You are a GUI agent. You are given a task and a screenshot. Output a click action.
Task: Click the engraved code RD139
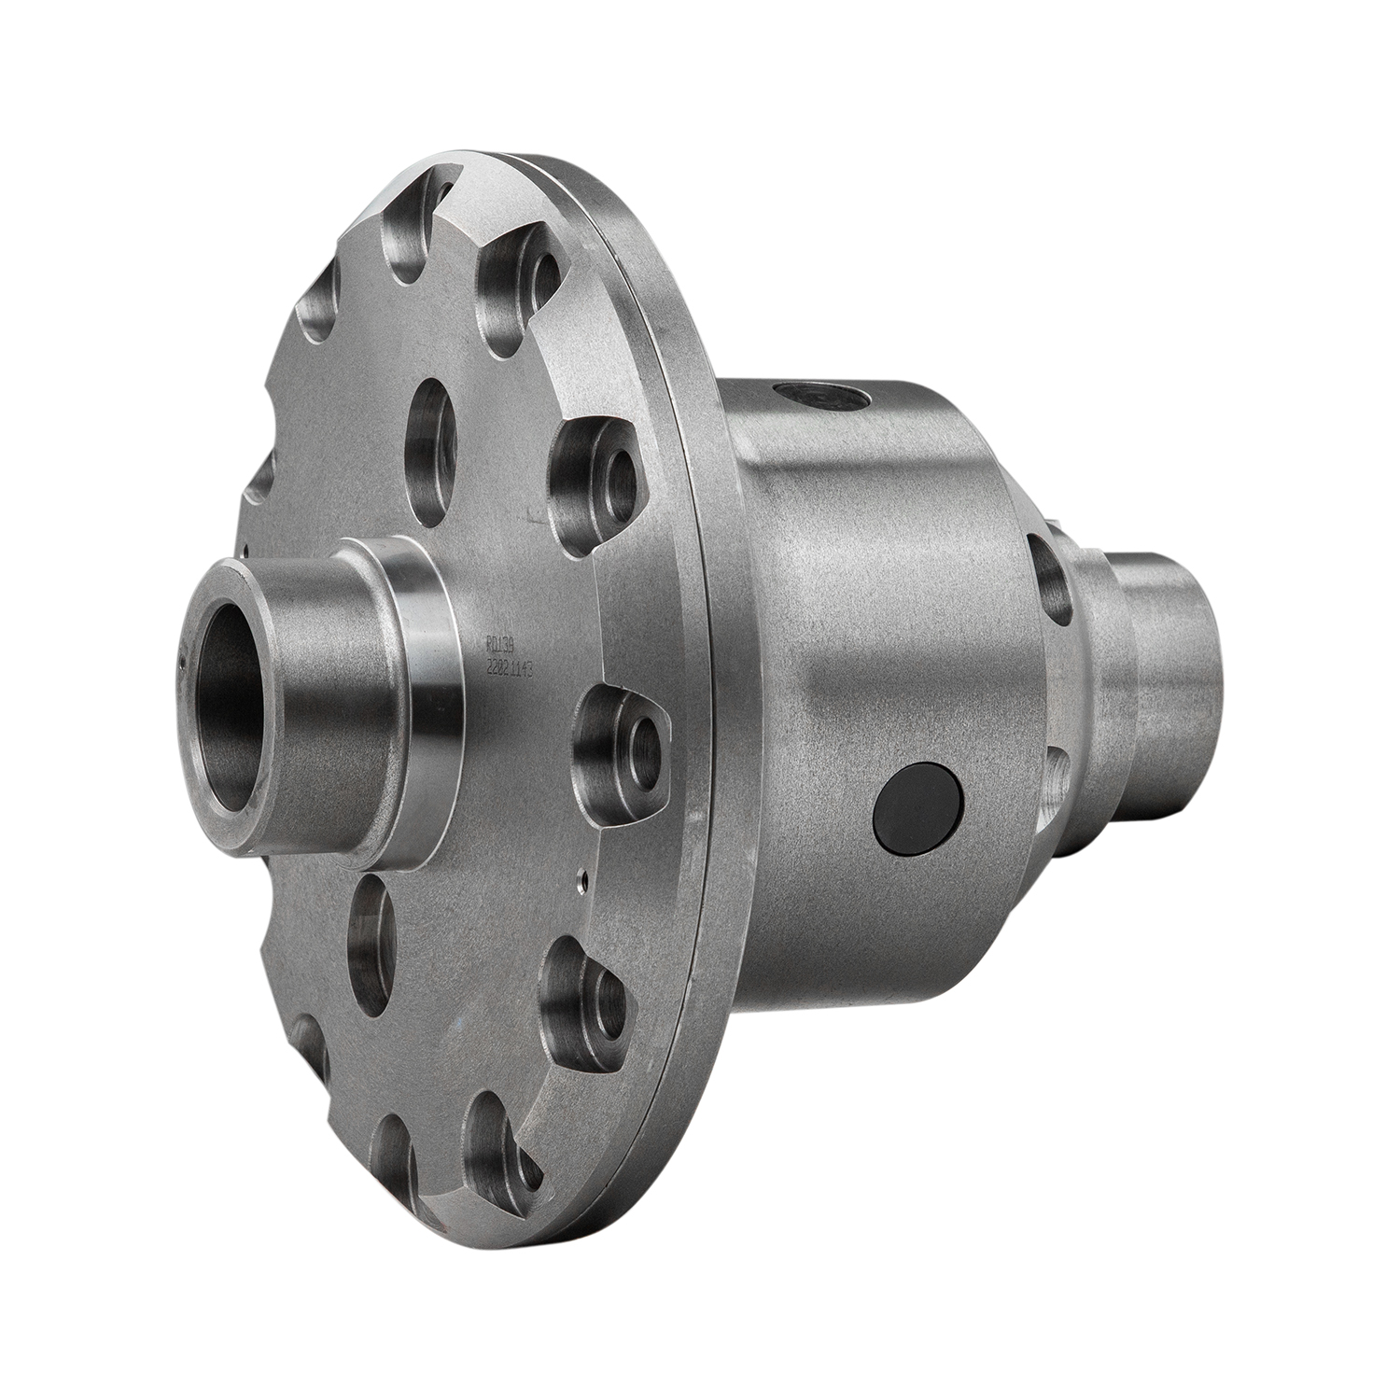point(502,643)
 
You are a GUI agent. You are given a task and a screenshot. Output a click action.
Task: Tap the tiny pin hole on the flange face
point(581,875)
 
